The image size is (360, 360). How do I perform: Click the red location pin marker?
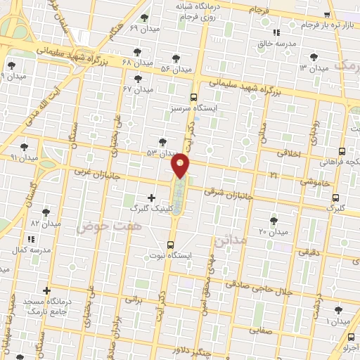[181, 165]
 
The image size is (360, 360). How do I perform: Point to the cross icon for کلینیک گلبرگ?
[152, 198]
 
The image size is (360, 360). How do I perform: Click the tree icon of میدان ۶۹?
[145, 18]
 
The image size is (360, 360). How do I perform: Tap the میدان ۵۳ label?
[160, 153]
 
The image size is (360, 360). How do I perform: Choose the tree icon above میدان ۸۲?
[46, 212]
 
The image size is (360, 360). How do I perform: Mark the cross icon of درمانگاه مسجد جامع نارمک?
[47, 290]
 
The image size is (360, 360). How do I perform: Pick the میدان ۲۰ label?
[274, 231]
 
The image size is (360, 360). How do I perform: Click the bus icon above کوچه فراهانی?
[342, 150]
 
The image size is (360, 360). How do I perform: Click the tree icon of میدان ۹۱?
[25, 147]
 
